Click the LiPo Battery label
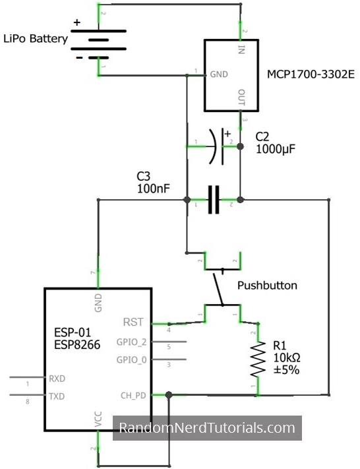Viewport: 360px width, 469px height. click(36, 39)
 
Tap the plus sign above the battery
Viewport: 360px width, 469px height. click(77, 23)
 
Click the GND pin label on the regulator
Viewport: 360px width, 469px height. click(218, 75)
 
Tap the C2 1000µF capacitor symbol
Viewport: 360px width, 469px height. click(218, 145)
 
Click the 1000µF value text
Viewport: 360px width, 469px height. click(276, 150)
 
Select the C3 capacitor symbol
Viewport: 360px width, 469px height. click(213, 199)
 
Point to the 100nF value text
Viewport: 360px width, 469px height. click(154, 189)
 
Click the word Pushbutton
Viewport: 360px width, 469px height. click(267, 286)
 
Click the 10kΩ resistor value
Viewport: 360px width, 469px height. click(286, 357)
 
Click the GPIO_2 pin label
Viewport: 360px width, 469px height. click(132, 342)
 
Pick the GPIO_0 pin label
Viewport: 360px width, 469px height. click(132, 360)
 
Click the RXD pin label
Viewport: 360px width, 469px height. click(57, 379)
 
